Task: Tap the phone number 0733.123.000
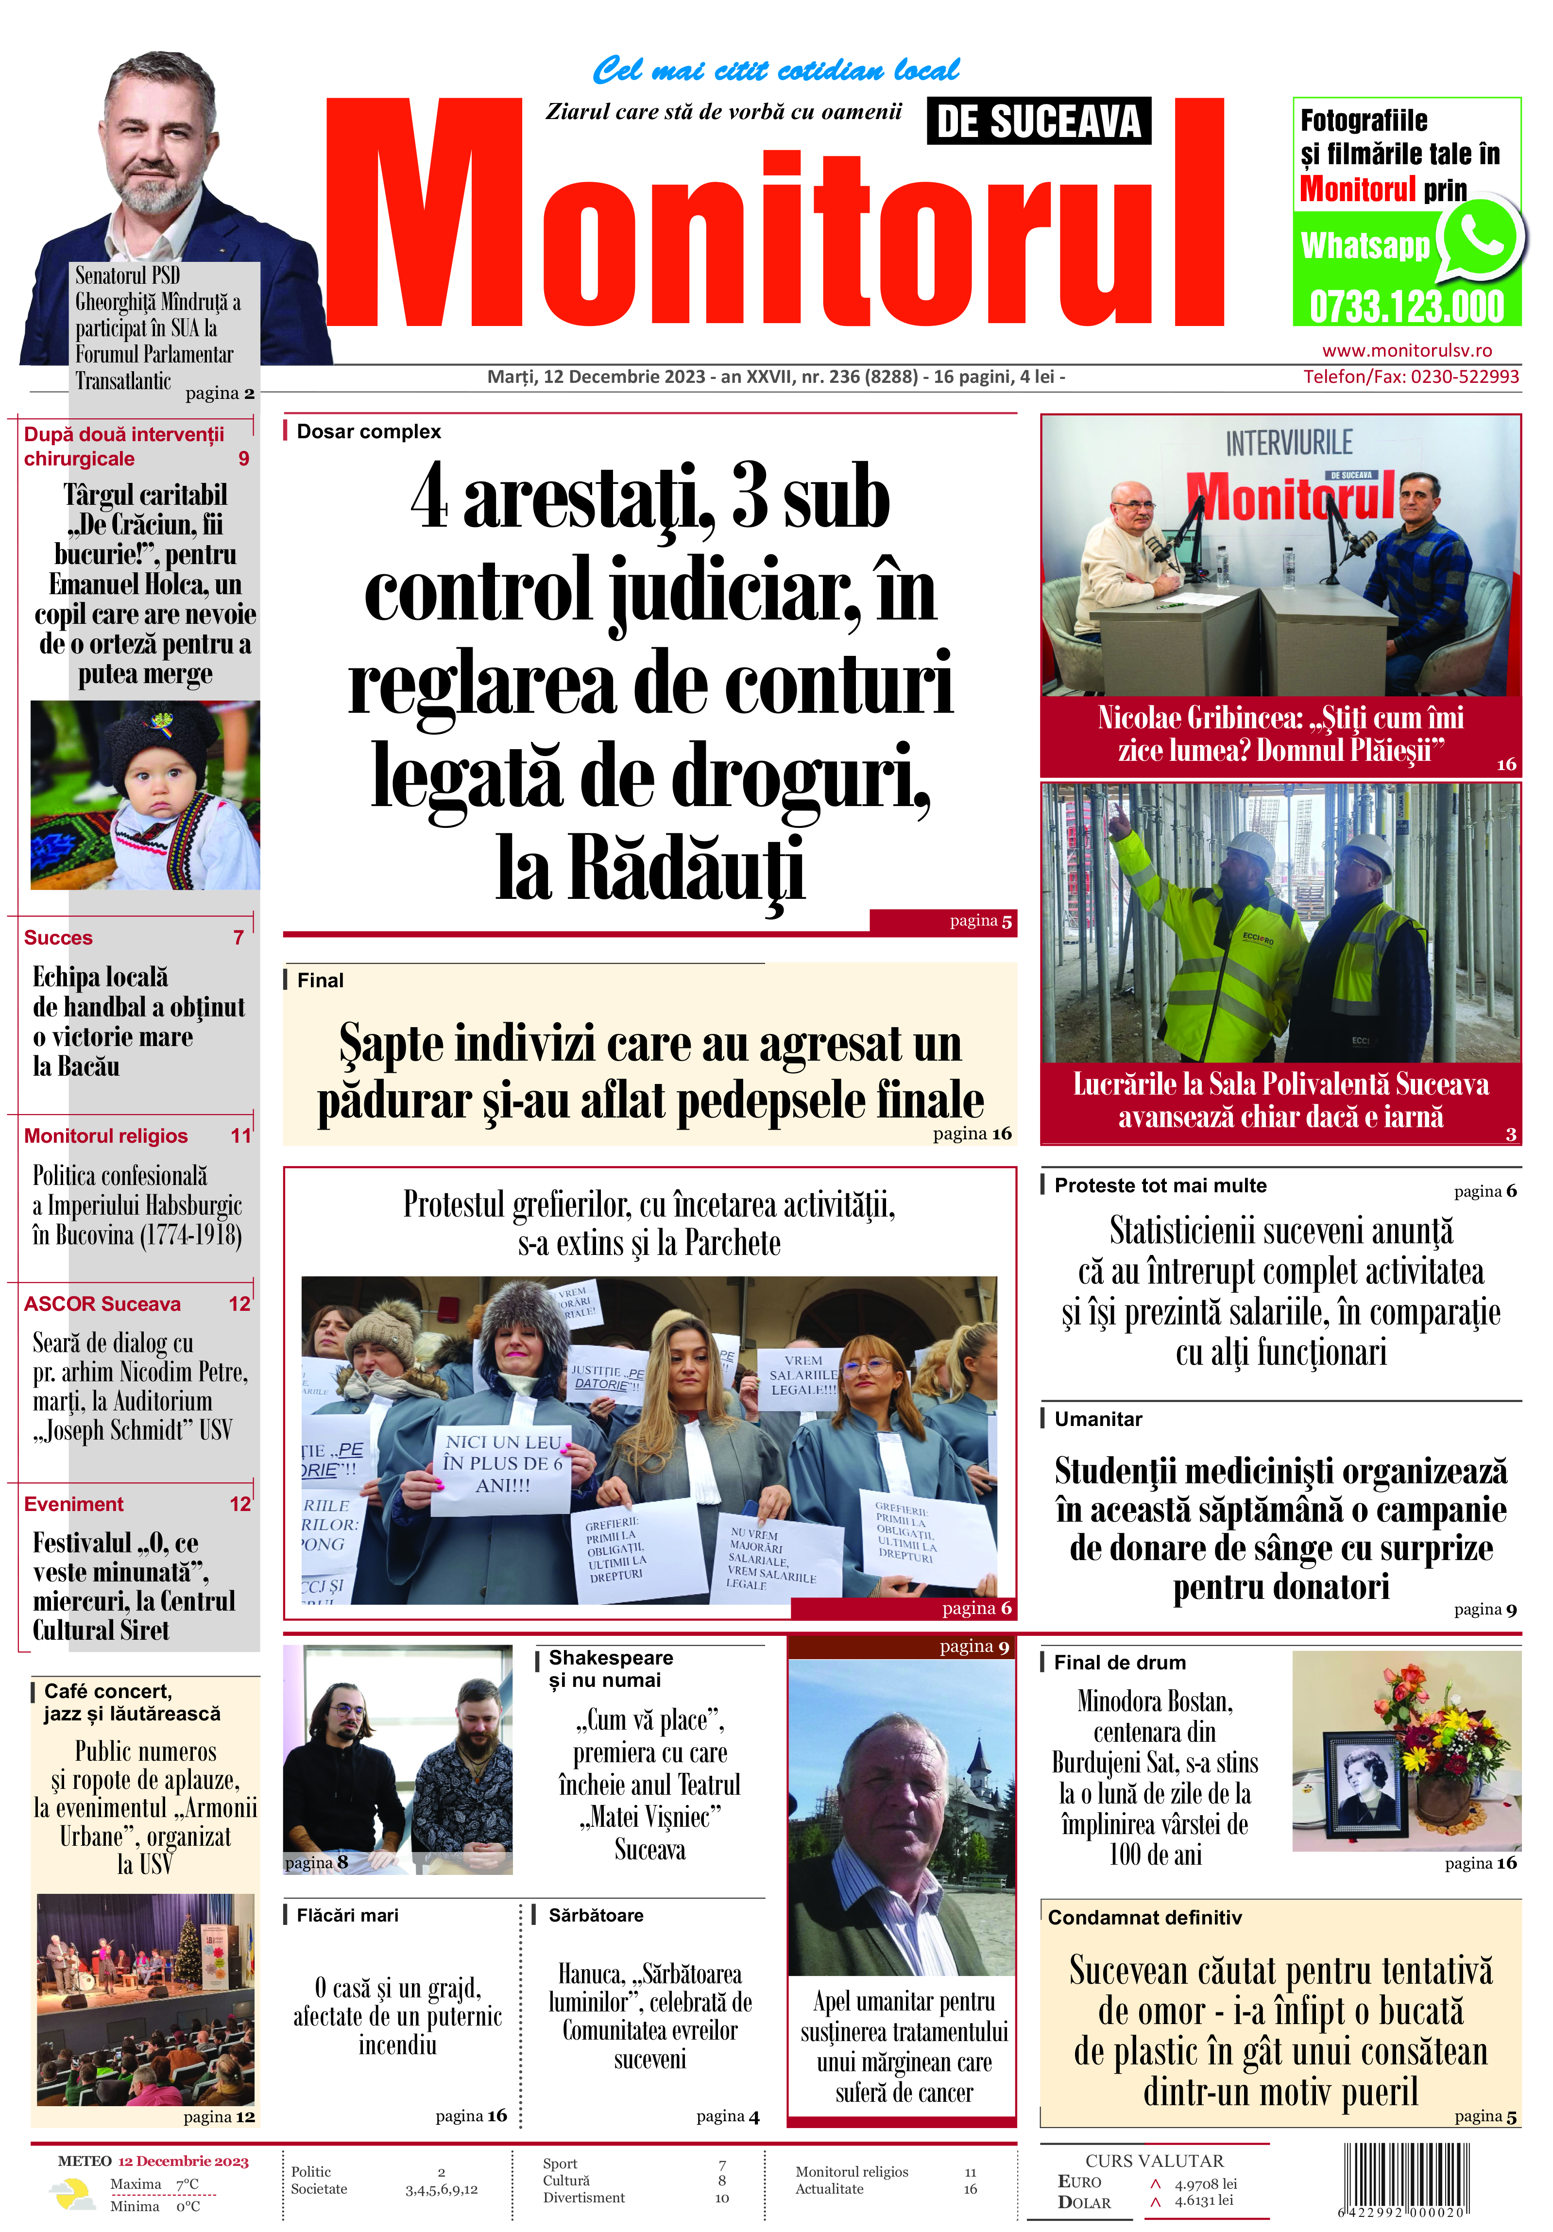[1406, 307]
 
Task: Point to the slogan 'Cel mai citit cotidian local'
[775, 70]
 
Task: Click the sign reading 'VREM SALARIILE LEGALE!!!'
[803, 1374]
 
